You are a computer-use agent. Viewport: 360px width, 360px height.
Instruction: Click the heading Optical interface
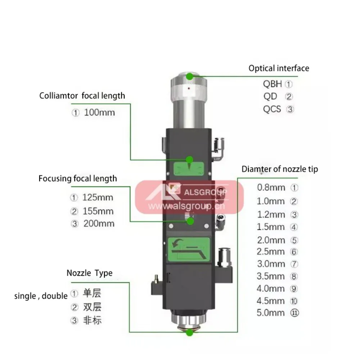click(x=279, y=68)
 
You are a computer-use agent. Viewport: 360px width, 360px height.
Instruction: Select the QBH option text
click(x=273, y=84)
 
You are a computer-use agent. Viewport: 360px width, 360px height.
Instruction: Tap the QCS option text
click(x=272, y=109)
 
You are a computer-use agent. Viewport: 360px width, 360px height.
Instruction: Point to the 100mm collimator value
click(x=99, y=112)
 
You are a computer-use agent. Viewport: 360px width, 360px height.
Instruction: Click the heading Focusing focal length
click(x=78, y=178)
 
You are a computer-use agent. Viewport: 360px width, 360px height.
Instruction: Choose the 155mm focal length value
click(x=98, y=211)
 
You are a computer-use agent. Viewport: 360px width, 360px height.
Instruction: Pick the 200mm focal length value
click(x=99, y=223)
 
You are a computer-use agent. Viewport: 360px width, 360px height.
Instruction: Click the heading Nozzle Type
click(x=89, y=273)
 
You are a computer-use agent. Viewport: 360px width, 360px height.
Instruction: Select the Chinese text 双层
click(x=92, y=307)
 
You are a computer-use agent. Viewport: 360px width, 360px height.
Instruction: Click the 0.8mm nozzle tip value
click(x=271, y=188)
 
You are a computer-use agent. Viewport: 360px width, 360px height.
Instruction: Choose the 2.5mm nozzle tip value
click(x=271, y=252)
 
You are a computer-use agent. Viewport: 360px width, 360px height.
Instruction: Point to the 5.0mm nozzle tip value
click(x=271, y=312)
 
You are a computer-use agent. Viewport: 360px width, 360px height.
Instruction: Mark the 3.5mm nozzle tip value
click(x=271, y=276)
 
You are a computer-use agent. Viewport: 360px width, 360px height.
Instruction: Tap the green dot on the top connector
click(x=189, y=76)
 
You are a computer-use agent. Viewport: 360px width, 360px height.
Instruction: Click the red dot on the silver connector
click(x=188, y=88)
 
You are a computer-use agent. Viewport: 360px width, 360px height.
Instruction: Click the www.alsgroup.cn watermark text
click(x=186, y=206)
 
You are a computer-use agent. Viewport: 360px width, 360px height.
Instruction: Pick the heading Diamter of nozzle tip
click(x=280, y=169)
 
